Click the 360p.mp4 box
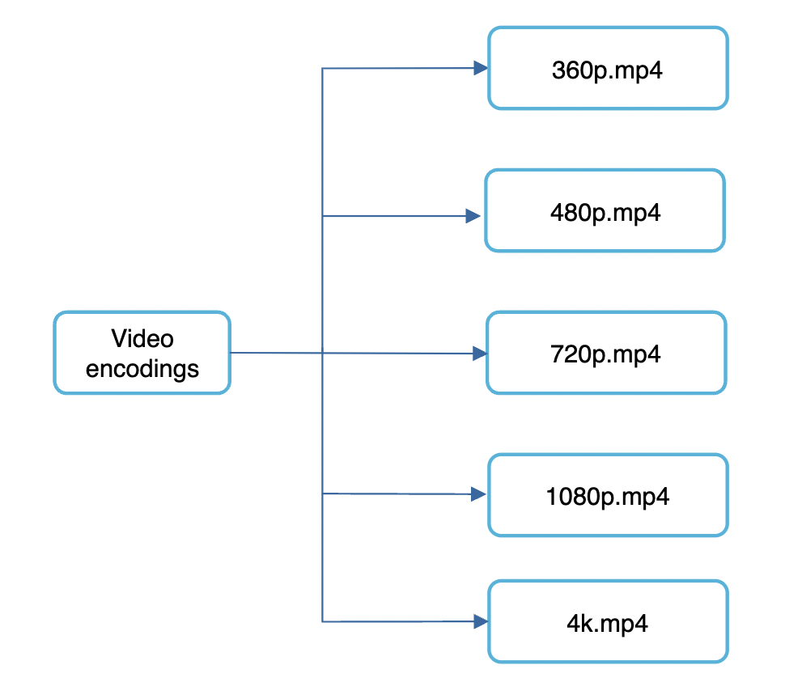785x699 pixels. [x=608, y=68]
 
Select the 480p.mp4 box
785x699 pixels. [x=605, y=210]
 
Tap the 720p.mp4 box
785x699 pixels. [x=606, y=353]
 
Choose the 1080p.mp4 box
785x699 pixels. [x=608, y=495]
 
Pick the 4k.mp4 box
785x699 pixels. [x=608, y=621]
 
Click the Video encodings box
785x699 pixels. [x=142, y=353]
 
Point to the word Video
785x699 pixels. [x=142, y=338]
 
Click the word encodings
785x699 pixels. [x=142, y=368]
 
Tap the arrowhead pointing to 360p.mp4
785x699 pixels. [x=481, y=68]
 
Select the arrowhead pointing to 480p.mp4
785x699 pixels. [x=473, y=216]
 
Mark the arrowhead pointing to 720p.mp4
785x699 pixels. [x=480, y=354]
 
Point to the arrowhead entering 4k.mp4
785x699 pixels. [x=481, y=621]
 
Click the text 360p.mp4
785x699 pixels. [x=608, y=70]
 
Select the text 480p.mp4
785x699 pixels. [x=605, y=213]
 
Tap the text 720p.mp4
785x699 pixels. [x=606, y=354]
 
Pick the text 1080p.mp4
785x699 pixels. [x=608, y=496]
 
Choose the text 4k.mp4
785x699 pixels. [x=608, y=624]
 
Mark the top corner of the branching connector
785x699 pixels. [x=323, y=68]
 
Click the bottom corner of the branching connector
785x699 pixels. [x=323, y=621]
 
